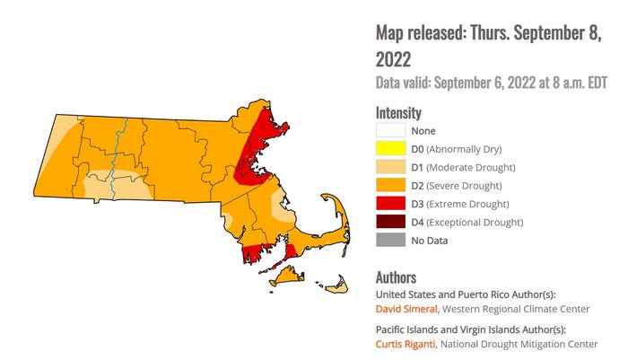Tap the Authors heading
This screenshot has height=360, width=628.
click(x=396, y=277)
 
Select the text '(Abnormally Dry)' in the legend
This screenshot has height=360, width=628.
click(x=464, y=149)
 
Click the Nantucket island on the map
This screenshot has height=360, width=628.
click(x=335, y=287)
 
